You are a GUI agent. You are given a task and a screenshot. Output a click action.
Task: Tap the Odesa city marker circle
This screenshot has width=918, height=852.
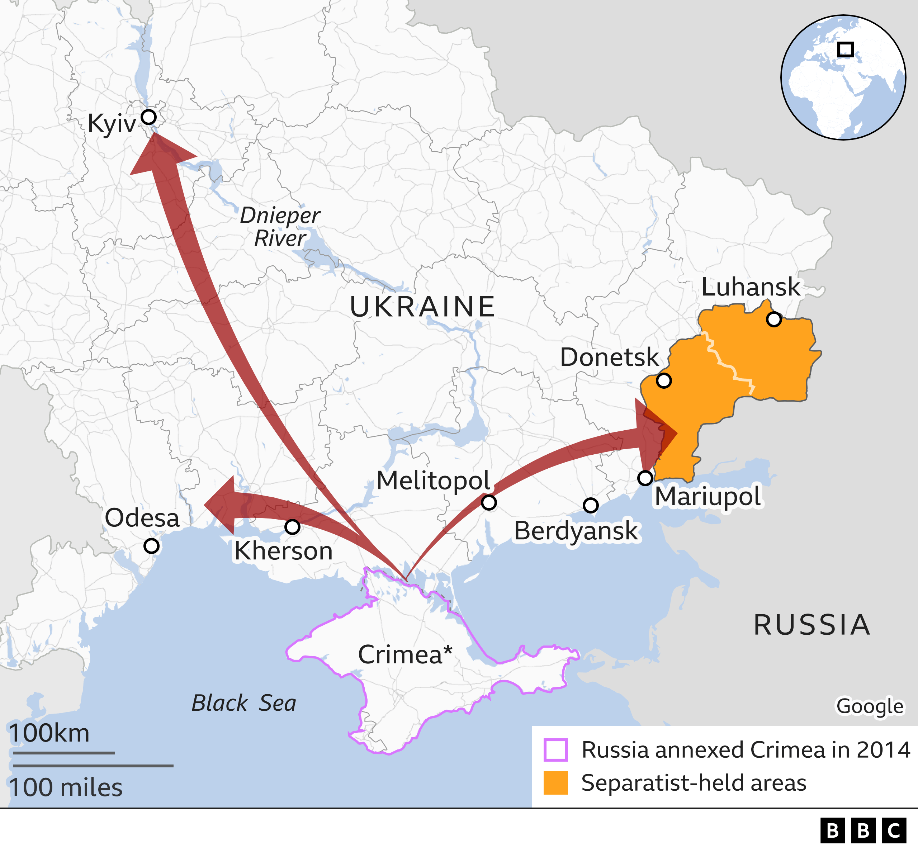(152, 546)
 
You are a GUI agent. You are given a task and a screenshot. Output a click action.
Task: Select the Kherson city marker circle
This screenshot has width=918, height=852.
(292, 526)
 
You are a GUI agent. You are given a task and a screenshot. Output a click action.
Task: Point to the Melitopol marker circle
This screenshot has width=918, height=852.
(489, 502)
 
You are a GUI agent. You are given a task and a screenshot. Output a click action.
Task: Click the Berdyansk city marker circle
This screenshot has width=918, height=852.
(591, 505)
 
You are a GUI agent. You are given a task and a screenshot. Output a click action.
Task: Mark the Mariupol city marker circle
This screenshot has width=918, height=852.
(645, 478)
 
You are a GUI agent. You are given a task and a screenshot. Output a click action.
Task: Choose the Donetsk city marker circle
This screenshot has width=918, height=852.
(663, 381)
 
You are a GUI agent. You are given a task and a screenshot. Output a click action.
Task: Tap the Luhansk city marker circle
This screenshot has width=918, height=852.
(774, 319)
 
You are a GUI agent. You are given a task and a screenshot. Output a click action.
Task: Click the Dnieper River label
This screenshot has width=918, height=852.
(280, 227)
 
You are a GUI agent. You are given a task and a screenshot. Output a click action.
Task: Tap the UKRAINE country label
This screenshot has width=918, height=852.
(422, 307)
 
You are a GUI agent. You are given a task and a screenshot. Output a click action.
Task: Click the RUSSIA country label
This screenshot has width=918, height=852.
(812, 625)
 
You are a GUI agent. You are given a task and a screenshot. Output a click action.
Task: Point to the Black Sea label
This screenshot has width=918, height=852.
(244, 703)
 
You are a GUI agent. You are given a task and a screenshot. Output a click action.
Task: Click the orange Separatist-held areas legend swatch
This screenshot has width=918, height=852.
(555, 783)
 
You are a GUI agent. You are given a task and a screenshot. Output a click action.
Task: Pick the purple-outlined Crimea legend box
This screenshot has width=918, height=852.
(555, 750)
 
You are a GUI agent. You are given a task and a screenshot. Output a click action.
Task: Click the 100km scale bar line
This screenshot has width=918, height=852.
(63, 753)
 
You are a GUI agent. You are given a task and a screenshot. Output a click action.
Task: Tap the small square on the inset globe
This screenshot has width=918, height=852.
(845, 49)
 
